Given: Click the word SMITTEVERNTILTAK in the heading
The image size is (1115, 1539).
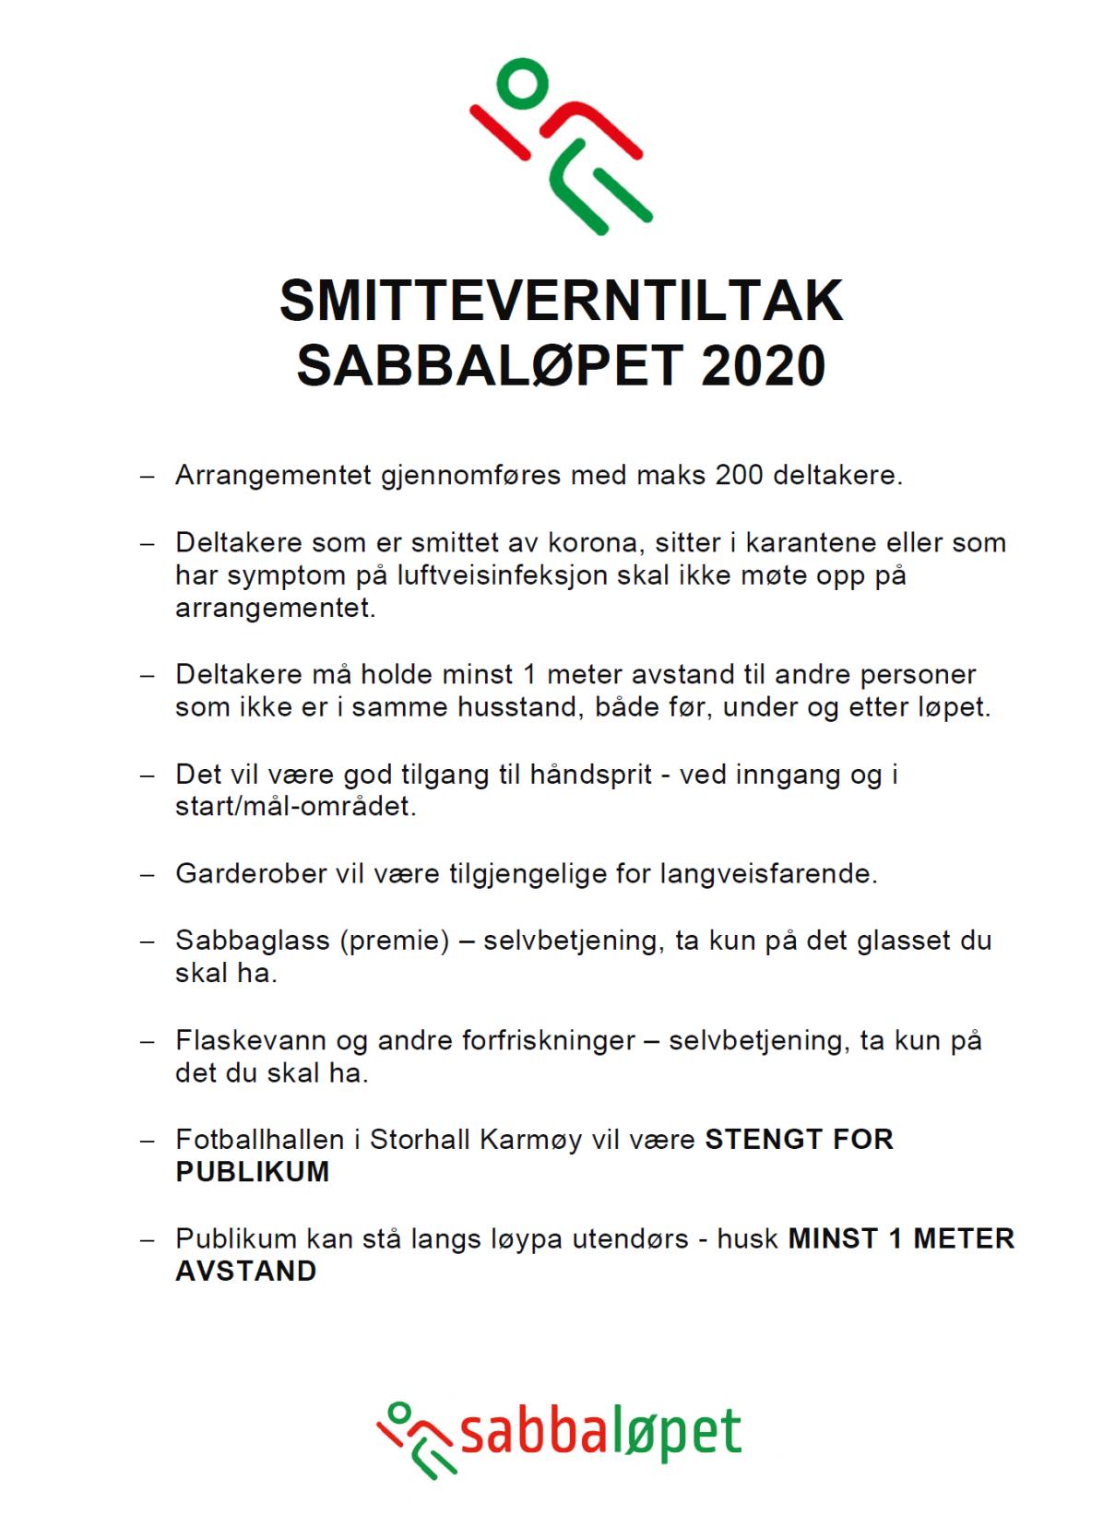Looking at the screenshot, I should (x=561, y=302).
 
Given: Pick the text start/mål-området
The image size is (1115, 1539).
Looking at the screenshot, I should (x=295, y=807).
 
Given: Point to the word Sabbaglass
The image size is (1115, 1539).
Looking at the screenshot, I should (x=252, y=941).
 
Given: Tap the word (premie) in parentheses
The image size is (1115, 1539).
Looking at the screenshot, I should (x=394, y=941).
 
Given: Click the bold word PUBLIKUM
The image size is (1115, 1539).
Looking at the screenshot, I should (x=252, y=1172).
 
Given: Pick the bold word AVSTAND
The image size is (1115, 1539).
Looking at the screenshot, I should (x=245, y=1272).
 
